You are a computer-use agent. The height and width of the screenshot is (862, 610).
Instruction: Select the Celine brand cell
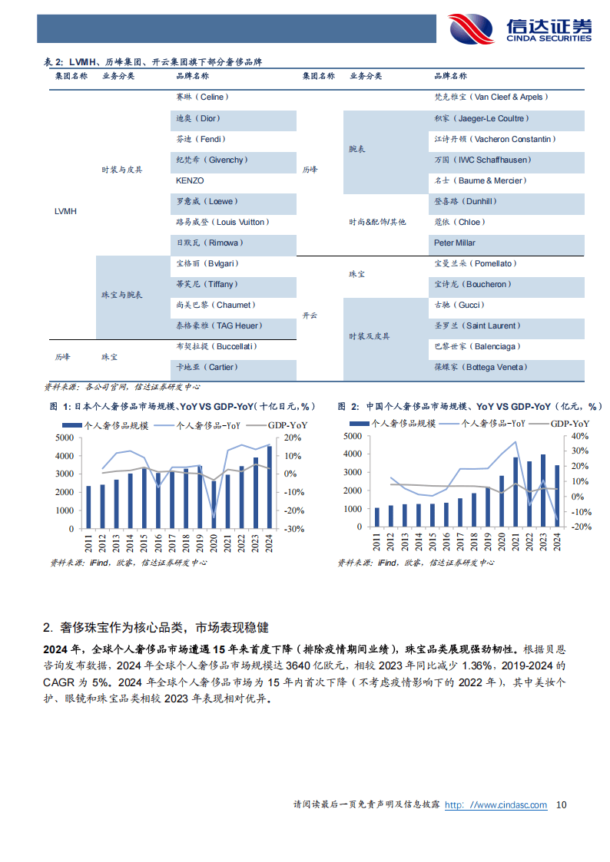coord(202,97)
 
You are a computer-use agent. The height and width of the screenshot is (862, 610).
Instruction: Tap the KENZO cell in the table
coord(190,180)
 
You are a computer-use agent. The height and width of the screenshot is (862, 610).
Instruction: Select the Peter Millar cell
coord(455,243)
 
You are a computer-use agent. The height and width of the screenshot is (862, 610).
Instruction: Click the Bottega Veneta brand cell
coord(482,367)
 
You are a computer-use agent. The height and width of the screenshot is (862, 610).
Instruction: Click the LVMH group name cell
coord(66,211)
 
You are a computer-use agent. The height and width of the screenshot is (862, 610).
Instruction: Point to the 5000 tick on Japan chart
coord(65,438)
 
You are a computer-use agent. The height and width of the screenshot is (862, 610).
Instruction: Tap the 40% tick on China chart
coord(581,436)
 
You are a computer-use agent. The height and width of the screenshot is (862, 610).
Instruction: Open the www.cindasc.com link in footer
coord(496,804)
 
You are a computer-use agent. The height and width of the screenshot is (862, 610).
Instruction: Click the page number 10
coord(561,804)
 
